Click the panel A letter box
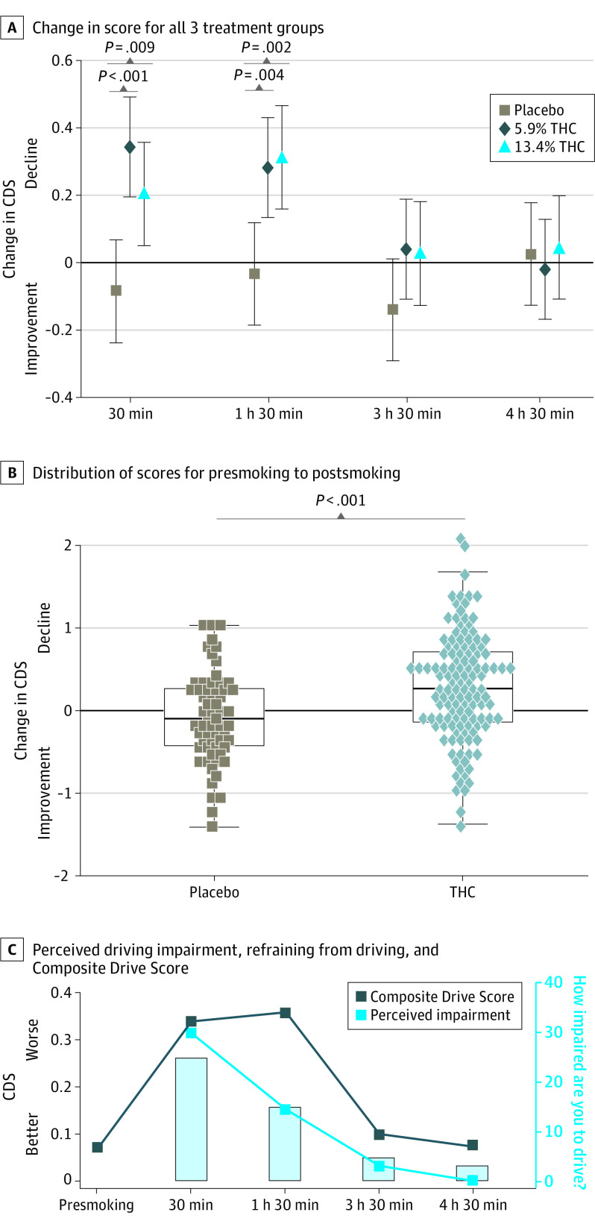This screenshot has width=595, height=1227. click(x=11, y=28)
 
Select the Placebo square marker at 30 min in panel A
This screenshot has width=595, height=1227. click(x=116, y=290)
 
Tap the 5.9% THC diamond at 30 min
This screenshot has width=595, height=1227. click(x=130, y=147)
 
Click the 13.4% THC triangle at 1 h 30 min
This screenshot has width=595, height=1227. click(x=282, y=157)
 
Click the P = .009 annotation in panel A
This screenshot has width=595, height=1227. click(x=130, y=48)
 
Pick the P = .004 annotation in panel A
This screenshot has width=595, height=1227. click(x=259, y=75)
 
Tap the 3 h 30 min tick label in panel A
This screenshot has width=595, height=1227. click(x=407, y=413)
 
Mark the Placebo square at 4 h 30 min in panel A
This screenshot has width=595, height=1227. click(x=531, y=254)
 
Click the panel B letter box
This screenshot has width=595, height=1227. click(x=11, y=472)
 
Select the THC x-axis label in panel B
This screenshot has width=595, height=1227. click(x=462, y=892)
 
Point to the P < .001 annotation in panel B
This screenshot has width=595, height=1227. click(x=341, y=500)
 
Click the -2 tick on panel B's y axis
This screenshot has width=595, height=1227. click(x=66, y=876)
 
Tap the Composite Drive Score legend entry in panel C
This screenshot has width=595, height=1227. click(x=434, y=997)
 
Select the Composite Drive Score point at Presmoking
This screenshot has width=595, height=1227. click(x=98, y=1147)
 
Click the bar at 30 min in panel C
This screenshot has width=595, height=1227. click(x=191, y=1119)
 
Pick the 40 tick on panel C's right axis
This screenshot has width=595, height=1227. click(x=553, y=982)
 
